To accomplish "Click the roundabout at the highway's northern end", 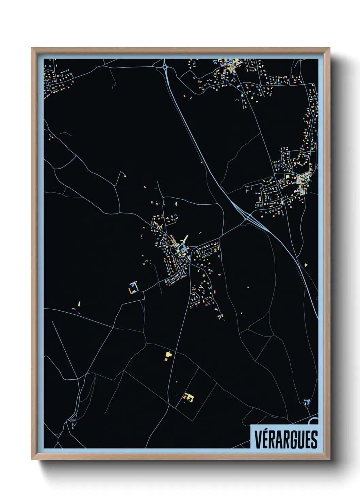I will click(165, 67).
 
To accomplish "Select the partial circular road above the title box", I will click(314, 422).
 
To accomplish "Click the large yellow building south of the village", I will click(168, 355).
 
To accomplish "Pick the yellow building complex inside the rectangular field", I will click(189, 397).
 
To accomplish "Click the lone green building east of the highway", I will click(306, 265).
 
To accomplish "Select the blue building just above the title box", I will click(307, 402).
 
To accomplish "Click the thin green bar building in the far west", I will click(79, 303).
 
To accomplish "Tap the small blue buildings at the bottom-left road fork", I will click(72, 424).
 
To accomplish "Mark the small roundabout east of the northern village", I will click(260, 85).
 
